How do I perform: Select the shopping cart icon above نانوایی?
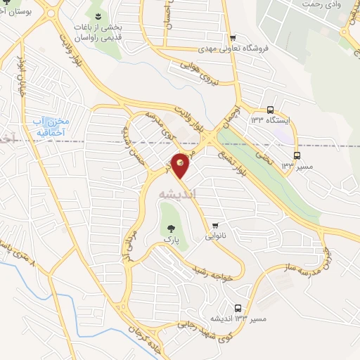pyautogui.click(x=215, y=226)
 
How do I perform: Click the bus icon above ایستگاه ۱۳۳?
pyautogui.click(x=271, y=110)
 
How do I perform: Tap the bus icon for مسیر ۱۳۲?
pyautogui.click(x=297, y=155)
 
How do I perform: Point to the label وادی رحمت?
pyautogui.click(x=323, y=4)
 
